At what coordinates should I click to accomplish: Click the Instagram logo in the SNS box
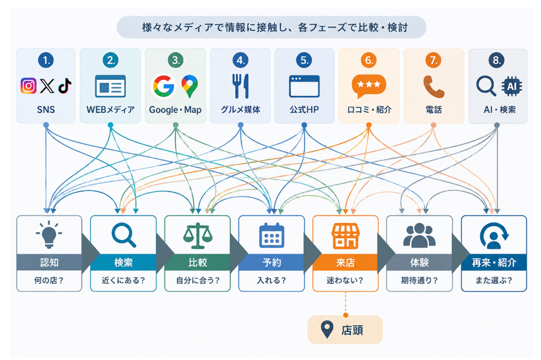(x=28, y=85)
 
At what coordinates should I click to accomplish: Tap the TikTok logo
(x=64, y=86)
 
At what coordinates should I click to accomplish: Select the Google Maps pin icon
(x=190, y=86)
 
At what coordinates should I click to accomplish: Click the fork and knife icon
(x=241, y=86)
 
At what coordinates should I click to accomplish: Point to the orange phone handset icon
(x=434, y=86)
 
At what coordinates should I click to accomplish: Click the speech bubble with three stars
(x=369, y=86)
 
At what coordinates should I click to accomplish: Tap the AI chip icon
(x=512, y=86)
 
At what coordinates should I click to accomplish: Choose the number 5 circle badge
(x=304, y=61)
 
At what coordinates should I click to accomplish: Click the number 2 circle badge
(x=111, y=61)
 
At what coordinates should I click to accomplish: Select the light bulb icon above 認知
(x=49, y=234)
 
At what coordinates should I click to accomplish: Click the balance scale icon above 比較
(x=198, y=236)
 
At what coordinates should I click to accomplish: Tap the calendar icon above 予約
(x=272, y=236)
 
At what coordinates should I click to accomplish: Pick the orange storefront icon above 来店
(x=345, y=236)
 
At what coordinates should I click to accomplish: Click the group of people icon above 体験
(x=419, y=235)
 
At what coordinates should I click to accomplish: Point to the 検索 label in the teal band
(x=123, y=263)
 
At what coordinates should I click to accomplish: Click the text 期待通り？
(x=419, y=280)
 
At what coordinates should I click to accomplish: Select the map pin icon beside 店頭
(x=327, y=330)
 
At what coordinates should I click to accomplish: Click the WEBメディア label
(x=110, y=110)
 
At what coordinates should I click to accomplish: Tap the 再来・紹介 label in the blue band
(x=494, y=263)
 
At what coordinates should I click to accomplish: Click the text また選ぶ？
(x=494, y=280)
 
